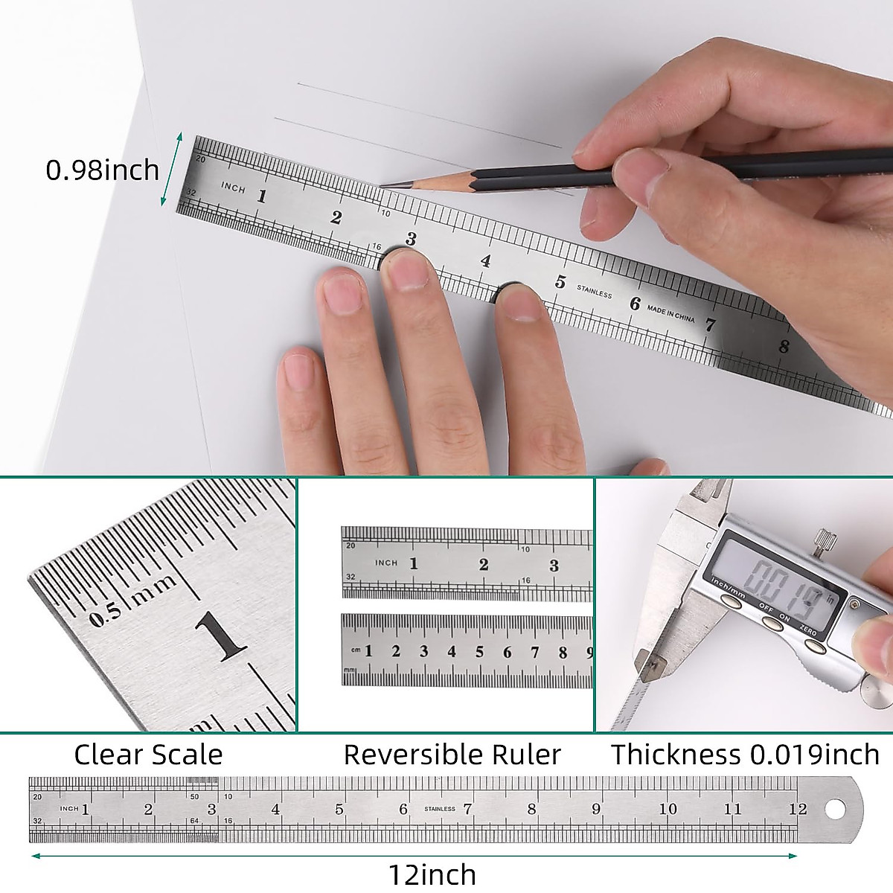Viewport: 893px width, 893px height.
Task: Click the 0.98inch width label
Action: [x=103, y=170]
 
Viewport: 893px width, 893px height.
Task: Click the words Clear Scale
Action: [x=148, y=755]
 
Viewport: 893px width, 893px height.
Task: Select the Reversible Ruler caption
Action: [x=452, y=755]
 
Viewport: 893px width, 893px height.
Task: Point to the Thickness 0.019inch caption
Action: [x=745, y=755]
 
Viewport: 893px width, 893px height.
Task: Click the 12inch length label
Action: [x=432, y=874]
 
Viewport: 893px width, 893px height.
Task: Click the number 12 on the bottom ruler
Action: [x=798, y=809]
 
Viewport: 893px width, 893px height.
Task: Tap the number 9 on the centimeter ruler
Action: [x=589, y=652]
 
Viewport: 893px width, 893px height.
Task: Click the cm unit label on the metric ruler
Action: [x=356, y=650]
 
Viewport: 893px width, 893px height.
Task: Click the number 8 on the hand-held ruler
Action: [x=784, y=346]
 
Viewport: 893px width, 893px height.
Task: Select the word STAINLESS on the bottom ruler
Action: [x=439, y=809]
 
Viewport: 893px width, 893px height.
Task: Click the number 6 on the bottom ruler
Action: [x=403, y=809]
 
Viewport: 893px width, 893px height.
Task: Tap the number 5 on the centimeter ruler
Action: [x=479, y=652]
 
